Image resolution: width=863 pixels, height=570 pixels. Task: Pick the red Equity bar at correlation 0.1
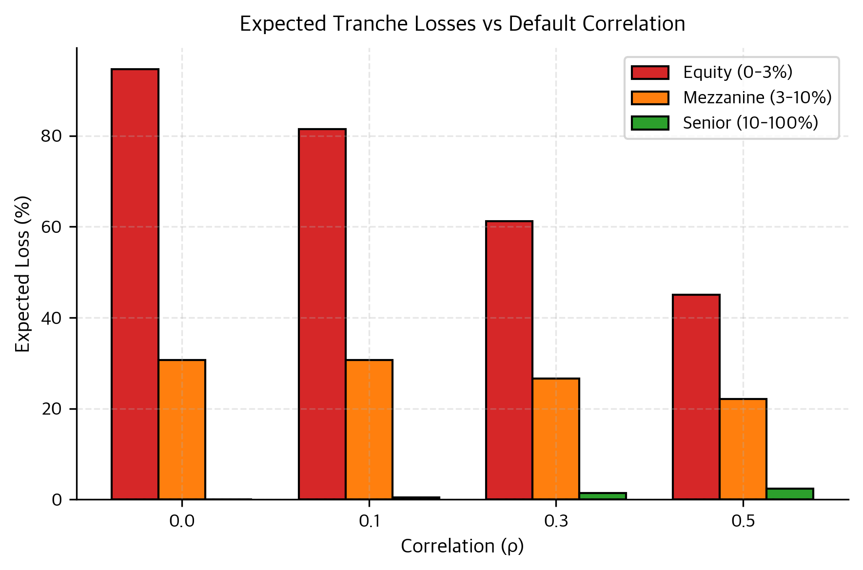[x=322, y=314]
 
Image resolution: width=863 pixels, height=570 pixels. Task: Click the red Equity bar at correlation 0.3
[x=509, y=360]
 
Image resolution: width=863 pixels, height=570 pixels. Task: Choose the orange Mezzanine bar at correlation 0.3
[x=556, y=439]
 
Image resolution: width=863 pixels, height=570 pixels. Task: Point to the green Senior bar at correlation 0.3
[x=603, y=496]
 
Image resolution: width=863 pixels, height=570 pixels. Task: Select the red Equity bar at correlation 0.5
[x=696, y=397]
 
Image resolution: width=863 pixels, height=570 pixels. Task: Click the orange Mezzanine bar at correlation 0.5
[x=743, y=449]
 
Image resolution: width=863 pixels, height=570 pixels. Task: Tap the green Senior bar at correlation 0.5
[x=790, y=494]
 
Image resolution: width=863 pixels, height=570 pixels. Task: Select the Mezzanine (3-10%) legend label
[x=757, y=97]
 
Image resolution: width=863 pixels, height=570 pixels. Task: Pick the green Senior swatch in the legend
[x=650, y=123]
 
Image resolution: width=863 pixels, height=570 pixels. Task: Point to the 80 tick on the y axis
[x=52, y=136]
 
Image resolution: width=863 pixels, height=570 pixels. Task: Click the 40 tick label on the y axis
[x=52, y=318]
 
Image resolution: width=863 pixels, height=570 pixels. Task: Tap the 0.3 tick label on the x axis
[x=556, y=522]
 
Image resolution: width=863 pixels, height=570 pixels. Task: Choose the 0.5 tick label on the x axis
[x=743, y=522]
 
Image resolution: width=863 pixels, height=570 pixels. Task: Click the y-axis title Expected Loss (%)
[x=22, y=274]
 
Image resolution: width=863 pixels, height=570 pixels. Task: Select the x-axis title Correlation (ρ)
[x=462, y=547]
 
